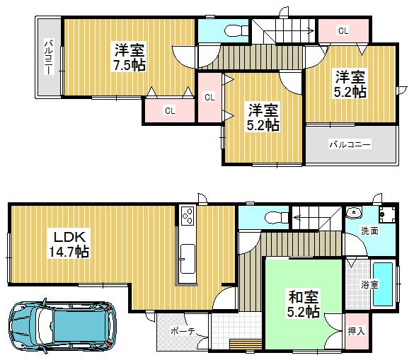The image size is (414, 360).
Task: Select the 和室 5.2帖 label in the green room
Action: (303, 303)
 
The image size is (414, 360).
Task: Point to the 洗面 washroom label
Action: (369, 231)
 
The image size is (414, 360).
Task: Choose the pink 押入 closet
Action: (357, 330)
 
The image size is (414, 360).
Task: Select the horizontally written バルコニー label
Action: (349, 144)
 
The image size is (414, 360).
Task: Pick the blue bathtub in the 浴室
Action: (382, 284)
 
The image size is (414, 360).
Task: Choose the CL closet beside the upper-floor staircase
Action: (343, 30)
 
